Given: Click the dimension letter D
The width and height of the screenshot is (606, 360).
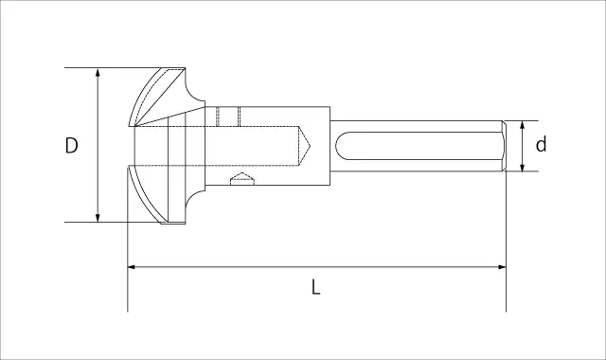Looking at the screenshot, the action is (x=72, y=145).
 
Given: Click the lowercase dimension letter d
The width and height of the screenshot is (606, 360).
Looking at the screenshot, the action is (x=541, y=145).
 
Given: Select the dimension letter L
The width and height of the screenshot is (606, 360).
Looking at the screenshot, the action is (x=315, y=287).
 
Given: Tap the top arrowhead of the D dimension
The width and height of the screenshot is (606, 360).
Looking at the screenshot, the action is (x=98, y=73).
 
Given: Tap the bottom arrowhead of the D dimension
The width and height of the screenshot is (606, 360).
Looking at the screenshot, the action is (x=98, y=217).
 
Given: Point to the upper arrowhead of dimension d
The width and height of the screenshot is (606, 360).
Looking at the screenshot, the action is (x=522, y=125).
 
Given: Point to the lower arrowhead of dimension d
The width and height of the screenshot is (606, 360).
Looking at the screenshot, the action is (x=522, y=167).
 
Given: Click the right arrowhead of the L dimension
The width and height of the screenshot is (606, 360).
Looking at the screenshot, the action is (x=501, y=267).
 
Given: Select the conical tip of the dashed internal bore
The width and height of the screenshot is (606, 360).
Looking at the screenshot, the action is (x=305, y=146).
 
